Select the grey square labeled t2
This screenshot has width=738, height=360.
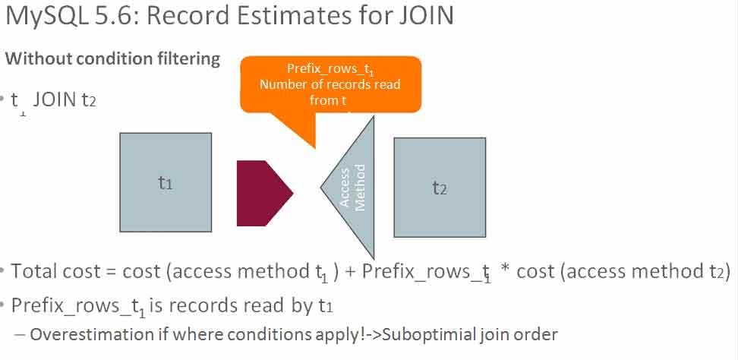click(440, 187)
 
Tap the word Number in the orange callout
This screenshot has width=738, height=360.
click(282, 84)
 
